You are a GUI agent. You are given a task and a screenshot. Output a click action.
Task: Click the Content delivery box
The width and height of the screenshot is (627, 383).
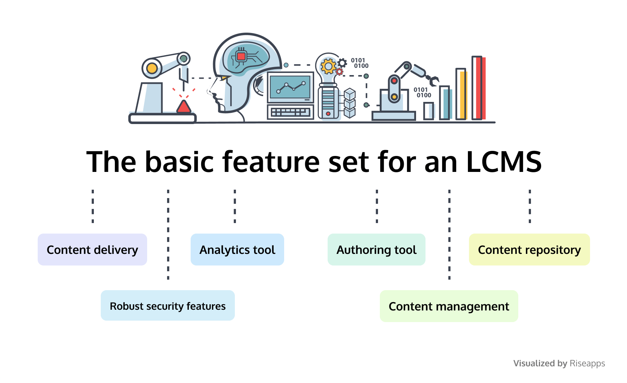[92, 250]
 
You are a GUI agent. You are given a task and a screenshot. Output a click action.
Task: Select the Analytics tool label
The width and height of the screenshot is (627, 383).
[237, 250]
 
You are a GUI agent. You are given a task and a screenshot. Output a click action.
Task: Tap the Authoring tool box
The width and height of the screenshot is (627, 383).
[377, 250]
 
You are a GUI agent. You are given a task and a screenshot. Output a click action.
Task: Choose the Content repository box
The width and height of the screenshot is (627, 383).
[529, 250]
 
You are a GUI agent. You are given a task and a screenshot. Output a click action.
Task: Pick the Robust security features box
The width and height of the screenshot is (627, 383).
[168, 306]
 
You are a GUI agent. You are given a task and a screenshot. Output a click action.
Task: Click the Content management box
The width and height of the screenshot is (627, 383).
[449, 306]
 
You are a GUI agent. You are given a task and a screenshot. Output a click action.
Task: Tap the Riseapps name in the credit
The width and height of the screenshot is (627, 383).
[587, 363]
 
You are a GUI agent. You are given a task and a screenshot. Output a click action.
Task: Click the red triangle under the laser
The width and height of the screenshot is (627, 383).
[184, 107]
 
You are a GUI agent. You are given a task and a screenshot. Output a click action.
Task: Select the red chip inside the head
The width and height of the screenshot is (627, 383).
[241, 56]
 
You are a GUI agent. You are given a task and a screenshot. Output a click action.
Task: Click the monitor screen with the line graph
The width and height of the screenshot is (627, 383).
[290, 87]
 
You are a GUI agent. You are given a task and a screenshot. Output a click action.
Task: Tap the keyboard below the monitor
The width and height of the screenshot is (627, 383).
[290, 112]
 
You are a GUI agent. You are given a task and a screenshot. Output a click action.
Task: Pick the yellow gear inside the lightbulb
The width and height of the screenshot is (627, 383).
[328, 67]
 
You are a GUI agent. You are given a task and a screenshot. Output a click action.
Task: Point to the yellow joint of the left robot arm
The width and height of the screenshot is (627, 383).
[152, 68]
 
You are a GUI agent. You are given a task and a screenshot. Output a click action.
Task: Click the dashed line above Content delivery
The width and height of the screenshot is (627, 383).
[93, 206]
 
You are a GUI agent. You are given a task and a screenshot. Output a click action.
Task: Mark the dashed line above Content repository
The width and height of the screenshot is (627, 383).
[530, 206]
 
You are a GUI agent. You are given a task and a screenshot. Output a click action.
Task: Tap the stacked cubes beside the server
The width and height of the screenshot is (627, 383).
[349, 103]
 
